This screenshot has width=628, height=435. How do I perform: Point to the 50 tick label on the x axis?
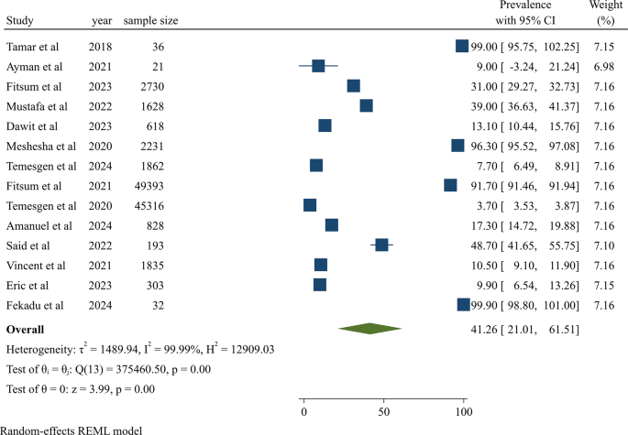(383, 413)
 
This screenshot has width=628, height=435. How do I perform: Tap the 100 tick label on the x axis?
(463, 413)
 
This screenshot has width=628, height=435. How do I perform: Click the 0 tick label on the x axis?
(303, 413)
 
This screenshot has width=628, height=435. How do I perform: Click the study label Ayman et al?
(34, 67)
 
